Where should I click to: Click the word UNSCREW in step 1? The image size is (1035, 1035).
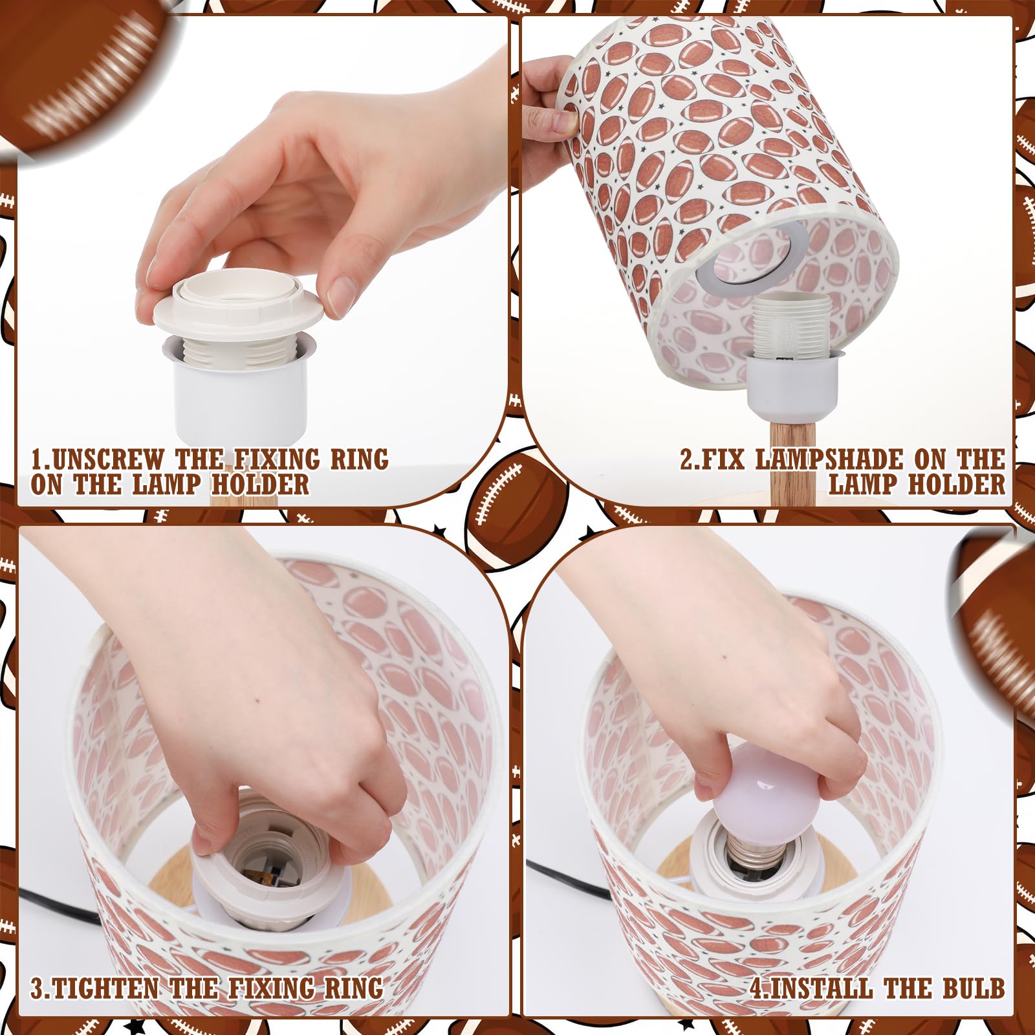click(107, 459)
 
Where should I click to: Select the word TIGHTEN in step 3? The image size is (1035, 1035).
click(104, 988)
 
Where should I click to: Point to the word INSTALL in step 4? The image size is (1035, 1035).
click(821, 988)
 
